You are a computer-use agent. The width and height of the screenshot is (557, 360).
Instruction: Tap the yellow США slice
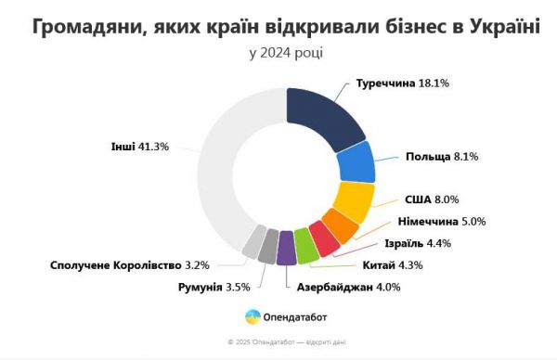click(352, 199)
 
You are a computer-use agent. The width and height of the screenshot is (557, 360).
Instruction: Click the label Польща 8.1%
click(441, 157)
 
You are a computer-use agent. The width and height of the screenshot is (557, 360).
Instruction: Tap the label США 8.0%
click(432, 199)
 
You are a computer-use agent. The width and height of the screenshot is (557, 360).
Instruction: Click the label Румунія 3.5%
click(214, 287)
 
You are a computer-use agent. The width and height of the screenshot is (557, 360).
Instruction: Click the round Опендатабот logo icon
click(253, 318)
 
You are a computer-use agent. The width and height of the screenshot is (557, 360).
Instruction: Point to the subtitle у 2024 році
click(286, 53)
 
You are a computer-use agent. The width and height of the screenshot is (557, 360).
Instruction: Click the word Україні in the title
click(499, 26)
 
